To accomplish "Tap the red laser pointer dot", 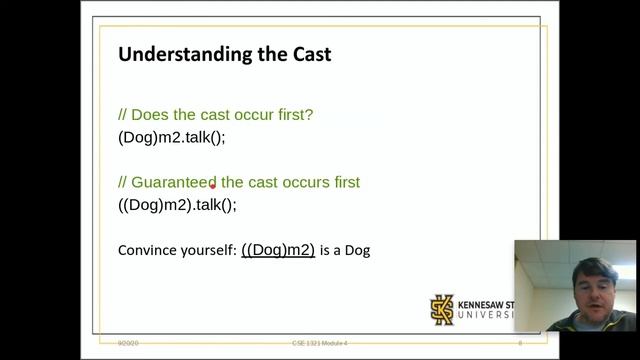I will coord(213,186).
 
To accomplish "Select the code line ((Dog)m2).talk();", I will coord(177,205).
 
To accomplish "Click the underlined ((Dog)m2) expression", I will coord(278,249).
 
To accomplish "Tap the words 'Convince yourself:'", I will coord(176,250).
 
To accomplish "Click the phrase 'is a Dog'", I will coord(345,250).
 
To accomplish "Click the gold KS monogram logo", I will coord(442,309).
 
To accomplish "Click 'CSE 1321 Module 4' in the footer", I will coord(312,343).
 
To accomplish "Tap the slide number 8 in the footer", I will coord(519,343).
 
